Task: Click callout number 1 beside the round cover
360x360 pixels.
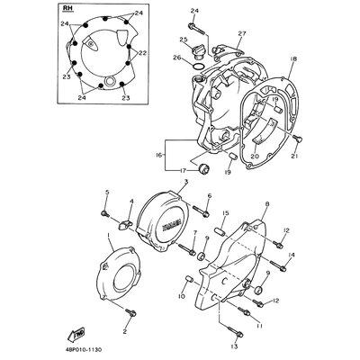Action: tap(109, 237)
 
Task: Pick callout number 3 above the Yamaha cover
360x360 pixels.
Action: tap(184, 182)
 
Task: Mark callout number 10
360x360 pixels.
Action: tap(180, 295)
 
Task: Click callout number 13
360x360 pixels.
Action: tap(234, 346)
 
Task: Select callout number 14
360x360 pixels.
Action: tap(292, 256)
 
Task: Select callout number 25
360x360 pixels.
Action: tap(183, 40)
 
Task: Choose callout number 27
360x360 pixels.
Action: tap(241, 33)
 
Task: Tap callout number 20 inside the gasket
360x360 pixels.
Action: tap(255, 156)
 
